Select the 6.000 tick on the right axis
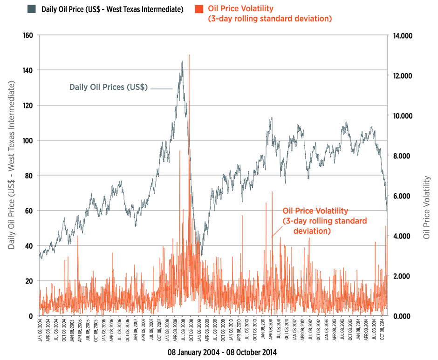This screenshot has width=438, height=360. (404, 196)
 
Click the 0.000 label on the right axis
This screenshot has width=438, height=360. (404, 316)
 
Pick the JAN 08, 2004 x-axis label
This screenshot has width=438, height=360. (41, 332)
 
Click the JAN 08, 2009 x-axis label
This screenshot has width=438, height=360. (198, 332)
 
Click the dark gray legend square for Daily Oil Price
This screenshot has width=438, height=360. (32, 9)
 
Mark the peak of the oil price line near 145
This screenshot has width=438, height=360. (182, 61)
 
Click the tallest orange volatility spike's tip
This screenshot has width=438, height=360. (189, 55)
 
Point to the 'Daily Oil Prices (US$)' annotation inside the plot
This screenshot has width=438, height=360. (108, 87)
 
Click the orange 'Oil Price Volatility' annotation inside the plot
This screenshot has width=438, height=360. (325, 221)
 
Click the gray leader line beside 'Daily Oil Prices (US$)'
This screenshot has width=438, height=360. (162, 88)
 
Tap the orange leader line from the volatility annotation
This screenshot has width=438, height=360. (277, 228)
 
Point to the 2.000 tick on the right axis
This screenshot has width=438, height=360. (404, 276)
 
